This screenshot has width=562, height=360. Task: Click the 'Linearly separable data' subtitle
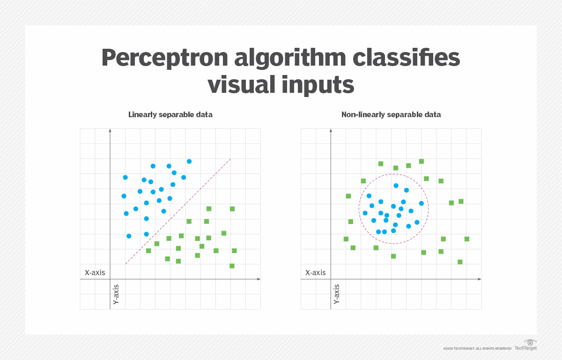click(x=170, y=114)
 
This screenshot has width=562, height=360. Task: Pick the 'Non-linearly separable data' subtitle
click(x=391, y=114)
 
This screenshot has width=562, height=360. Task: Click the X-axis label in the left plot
click(x=95, y=272)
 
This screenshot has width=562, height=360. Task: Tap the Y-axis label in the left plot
click(x=116, y=294)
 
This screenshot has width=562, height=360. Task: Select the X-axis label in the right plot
click(x=315, y=272)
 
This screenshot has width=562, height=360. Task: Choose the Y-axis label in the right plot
click(x=337, y=294)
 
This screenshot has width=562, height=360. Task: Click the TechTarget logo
click(x=525, y=346)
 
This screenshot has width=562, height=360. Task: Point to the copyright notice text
click(x=477, y=348)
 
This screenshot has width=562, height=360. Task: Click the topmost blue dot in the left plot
click(x=189, y=161)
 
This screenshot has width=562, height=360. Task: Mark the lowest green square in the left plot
click(x=232, y=266)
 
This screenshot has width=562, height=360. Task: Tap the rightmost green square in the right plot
click(x=467, y=239)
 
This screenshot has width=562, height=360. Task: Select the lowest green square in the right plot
click(x=460, y=262)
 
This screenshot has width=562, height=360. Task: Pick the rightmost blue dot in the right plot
click(x=421, y=203)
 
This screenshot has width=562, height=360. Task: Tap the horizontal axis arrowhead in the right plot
click(x=479, y=279)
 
